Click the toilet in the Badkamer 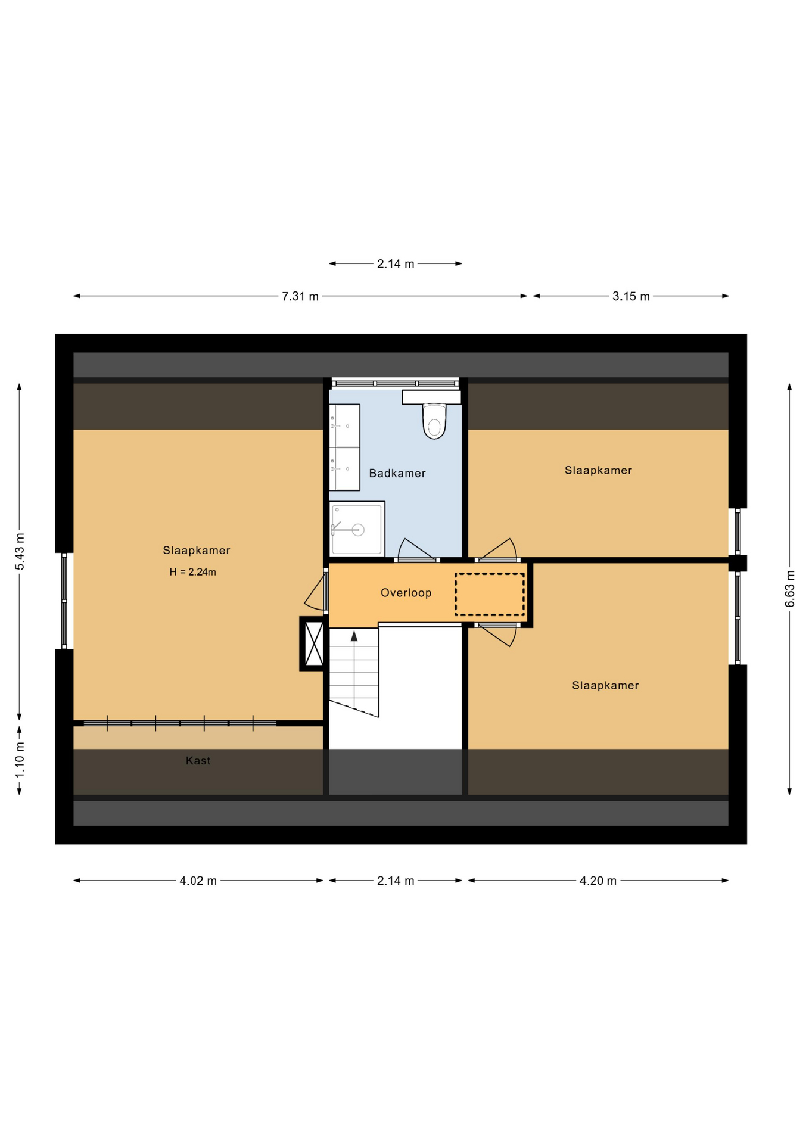[434, 421]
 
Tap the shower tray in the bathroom [357, 529]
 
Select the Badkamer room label [397, 474]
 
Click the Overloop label [406, 593]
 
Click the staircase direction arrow [354, 636]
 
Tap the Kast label [198, 761]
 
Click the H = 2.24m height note [192, 572]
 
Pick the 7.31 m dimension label [300, 296]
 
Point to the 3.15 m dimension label [631, 296]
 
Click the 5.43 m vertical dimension [20, 551]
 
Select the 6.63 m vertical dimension [789, 589]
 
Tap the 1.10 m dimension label [20, 759]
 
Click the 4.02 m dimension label [198, 881]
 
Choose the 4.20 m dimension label [598, 881]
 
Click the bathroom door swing [415, 549]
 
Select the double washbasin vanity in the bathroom [344, 447]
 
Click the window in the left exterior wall [64, 601]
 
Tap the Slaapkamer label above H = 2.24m [197, 551]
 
